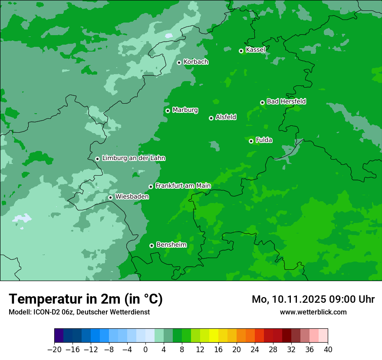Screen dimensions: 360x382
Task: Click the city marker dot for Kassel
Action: point(241,51)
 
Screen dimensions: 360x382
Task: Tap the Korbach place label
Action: point(196,62)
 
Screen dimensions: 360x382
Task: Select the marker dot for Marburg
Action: point(168,111)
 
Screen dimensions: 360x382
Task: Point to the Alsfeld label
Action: point(226,117)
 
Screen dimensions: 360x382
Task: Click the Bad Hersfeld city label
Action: point(286,101)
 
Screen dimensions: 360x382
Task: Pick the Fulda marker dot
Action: point(251,141)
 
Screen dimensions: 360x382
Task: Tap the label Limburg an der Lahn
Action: point(133,158)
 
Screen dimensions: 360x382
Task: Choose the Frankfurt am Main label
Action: point(183,186)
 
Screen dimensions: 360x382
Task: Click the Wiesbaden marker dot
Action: point(110,197)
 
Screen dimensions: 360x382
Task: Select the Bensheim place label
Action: point(171,245)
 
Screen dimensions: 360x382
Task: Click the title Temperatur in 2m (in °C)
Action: point(86,299)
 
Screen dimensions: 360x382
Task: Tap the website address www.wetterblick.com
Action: point(313,312)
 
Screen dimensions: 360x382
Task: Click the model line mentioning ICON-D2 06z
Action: point(79,312)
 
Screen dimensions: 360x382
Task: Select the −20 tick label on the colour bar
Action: point(54,350)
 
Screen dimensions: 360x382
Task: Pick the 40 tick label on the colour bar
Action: point(328,350)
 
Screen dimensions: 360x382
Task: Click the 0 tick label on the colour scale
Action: point(145,350)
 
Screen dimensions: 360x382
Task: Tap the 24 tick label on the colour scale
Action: point(255,350)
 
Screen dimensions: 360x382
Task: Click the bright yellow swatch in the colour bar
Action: point(214,336)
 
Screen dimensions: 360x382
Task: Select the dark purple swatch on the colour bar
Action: point(59,336)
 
